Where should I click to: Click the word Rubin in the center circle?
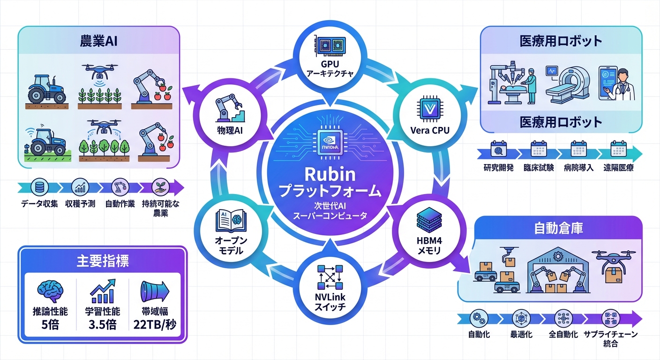330,174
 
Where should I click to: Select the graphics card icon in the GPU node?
330,45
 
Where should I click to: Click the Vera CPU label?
430,130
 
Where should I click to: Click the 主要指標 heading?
102,261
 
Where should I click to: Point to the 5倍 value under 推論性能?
50,324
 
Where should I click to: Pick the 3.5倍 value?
102,324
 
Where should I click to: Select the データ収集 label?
39,204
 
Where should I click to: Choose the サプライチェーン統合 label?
611,339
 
